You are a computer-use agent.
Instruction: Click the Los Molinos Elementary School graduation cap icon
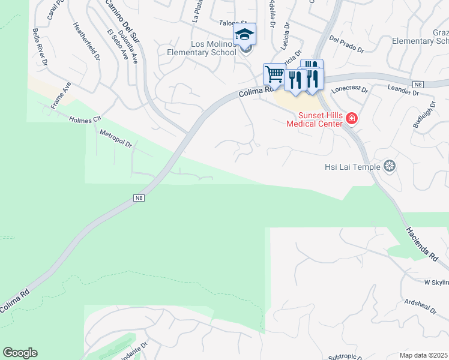pos(244,34)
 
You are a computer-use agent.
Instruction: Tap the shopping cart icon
pos(274,74)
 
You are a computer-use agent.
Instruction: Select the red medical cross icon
pos(351,119)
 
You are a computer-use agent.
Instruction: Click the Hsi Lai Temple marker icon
pos(390,166)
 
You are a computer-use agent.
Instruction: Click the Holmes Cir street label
pos(85,120)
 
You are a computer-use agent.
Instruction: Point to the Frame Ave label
pos(61,95)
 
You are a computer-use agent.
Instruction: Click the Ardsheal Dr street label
pos(420,305)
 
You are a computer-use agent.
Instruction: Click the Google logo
pos(20,353)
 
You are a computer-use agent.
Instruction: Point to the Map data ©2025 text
pos(424,355)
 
